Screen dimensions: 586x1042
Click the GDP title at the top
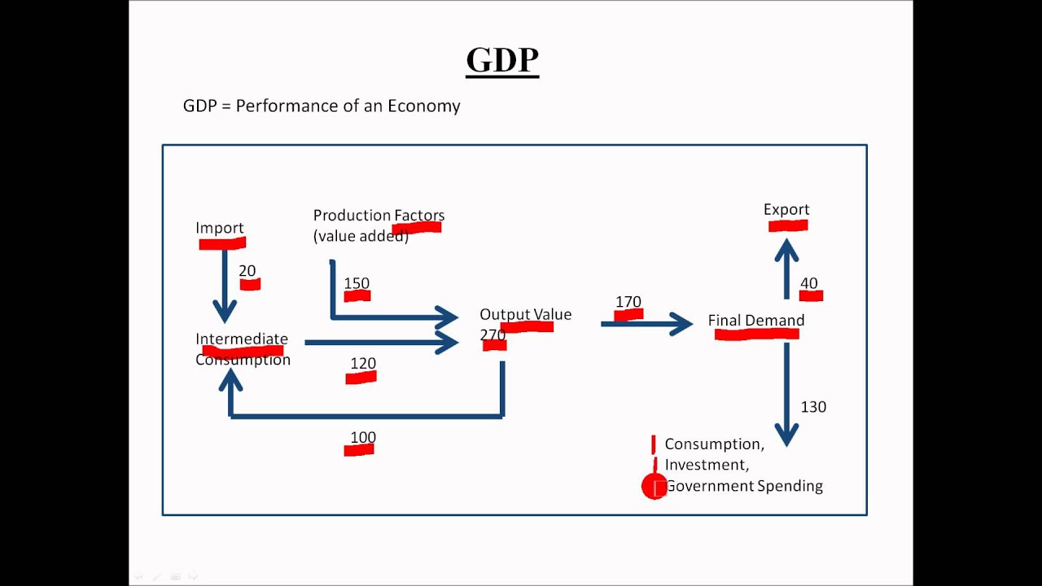[x=502, y=61]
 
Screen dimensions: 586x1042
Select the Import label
[x=220, y=228]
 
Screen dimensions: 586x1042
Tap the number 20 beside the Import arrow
[x=247, y=272]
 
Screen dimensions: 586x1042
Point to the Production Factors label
[x=379, y=216]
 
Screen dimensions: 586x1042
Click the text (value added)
[x=361, y=237]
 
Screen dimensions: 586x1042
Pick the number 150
[x=357, y=283]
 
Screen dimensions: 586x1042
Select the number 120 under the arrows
[x=363, y=364]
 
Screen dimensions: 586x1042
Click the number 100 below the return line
[x=363, y=437]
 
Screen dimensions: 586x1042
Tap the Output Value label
[x=525, y=314]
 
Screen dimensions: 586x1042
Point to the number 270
[x=493, y=335]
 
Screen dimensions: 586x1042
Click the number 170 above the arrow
[x=628, y=302]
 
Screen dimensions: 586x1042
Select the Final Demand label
[x=756, y=321]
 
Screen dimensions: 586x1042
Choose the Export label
[x=786, y=210]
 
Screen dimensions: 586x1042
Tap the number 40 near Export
[x=808, y=283]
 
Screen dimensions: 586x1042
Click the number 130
[x=813, y=407]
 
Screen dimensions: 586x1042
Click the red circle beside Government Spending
[x=655, y=487]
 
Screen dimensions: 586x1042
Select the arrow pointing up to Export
[x=786, y=269]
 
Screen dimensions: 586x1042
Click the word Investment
[x=705, y=465]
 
